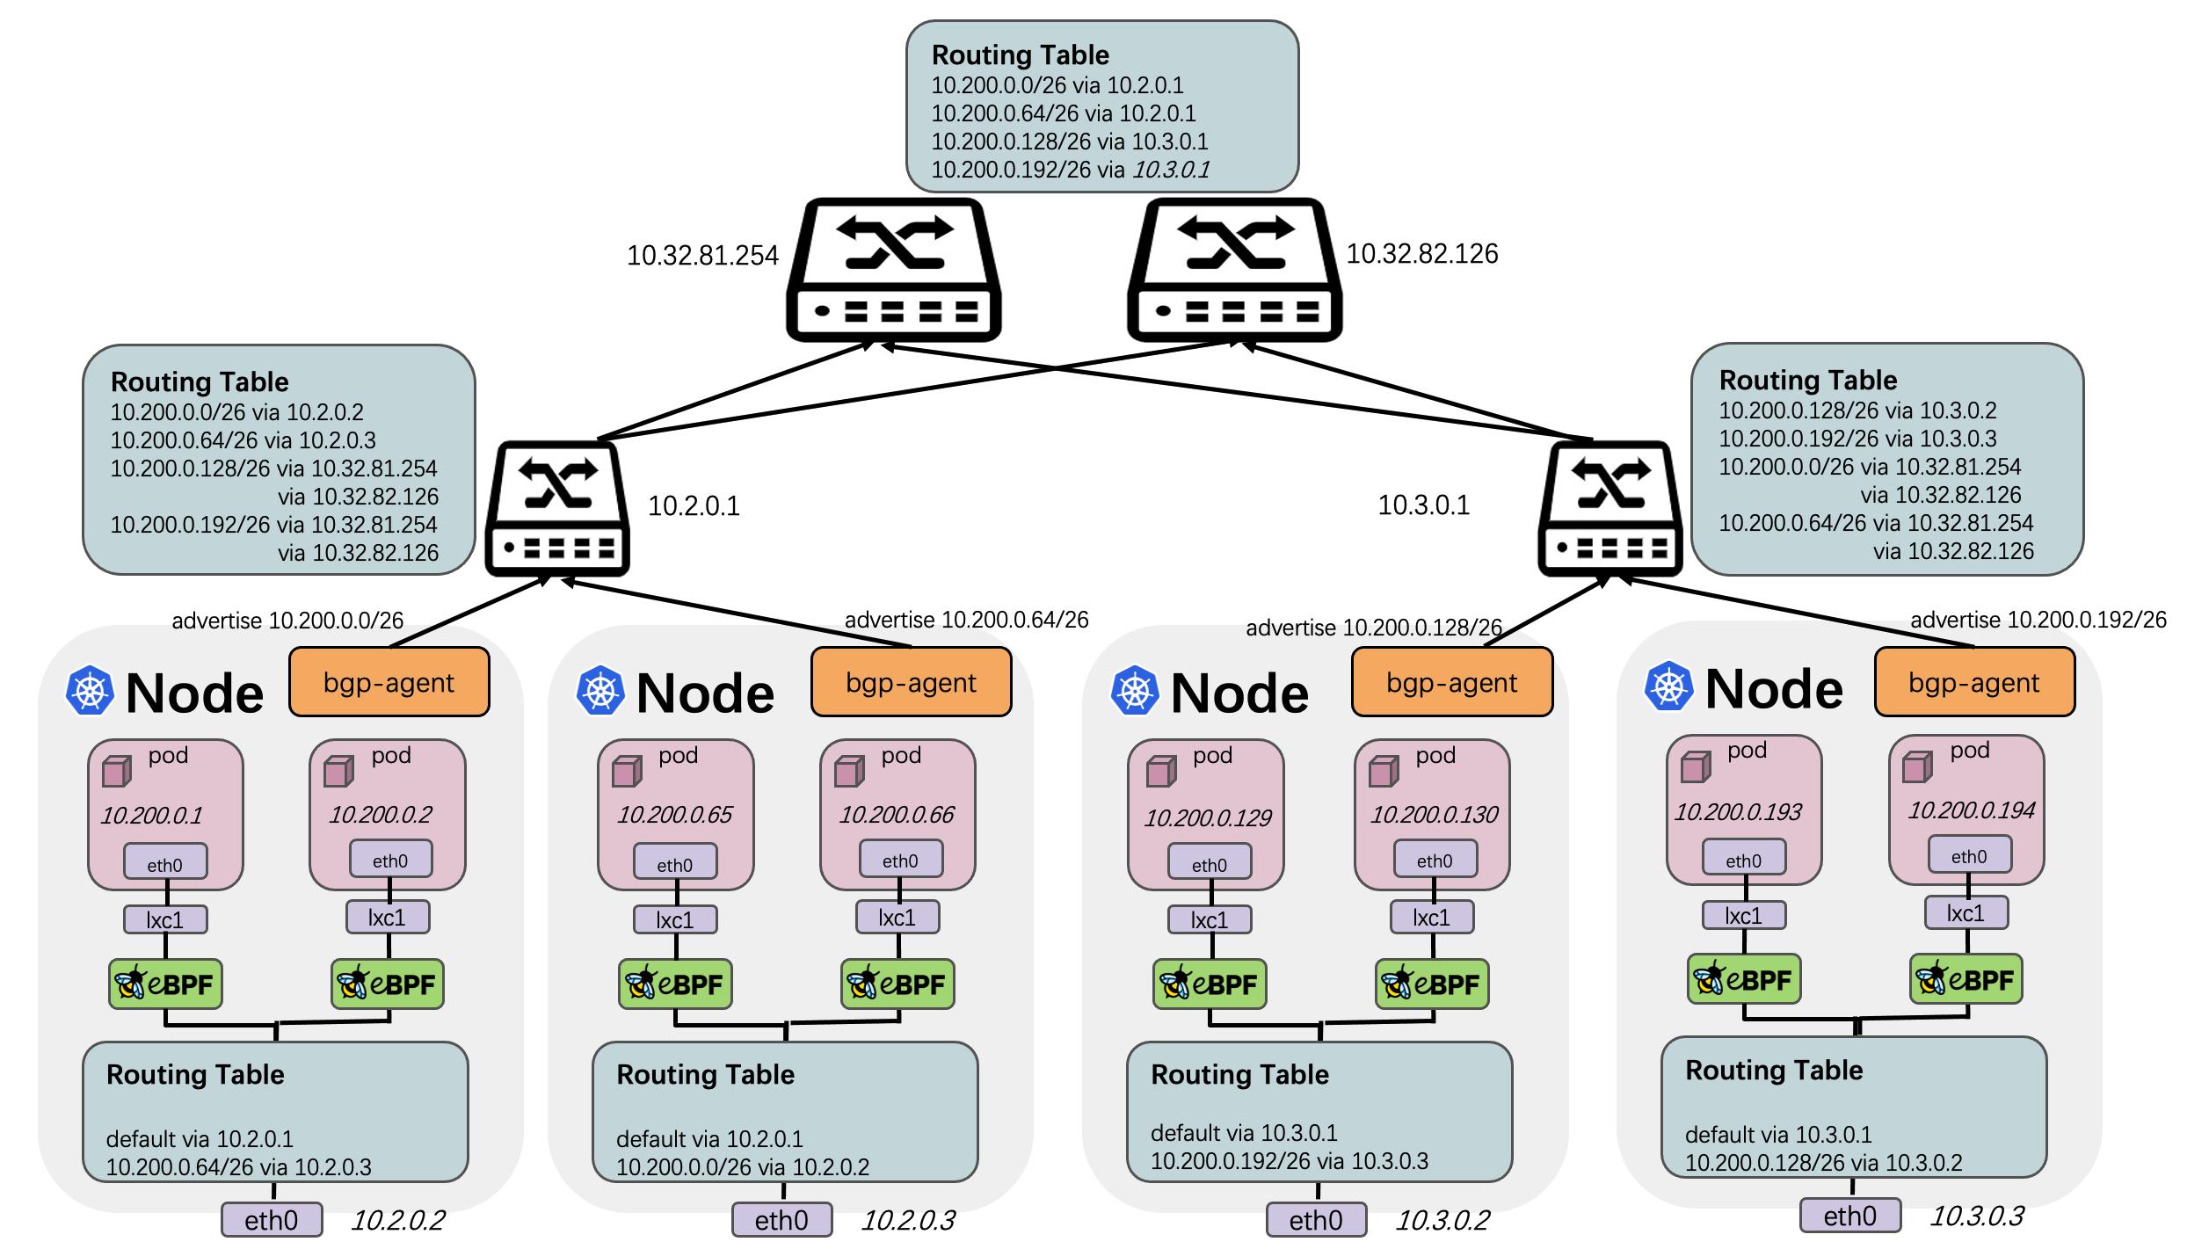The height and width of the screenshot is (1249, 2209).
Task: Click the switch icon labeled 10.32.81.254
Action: [x=893, y=269]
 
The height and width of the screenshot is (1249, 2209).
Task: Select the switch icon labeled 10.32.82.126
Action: [x=1234, y=269]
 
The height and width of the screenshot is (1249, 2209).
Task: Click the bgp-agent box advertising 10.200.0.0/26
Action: [x=389, y=682]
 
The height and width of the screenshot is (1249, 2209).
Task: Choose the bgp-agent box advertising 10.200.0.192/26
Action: [x=1973, y=682]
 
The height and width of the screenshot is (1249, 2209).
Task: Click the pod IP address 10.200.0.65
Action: [x=674, y=815]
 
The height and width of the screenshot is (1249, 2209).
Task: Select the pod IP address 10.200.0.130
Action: [x=1434, y=815]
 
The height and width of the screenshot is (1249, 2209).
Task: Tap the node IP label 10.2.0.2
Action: [x=397, y=1220]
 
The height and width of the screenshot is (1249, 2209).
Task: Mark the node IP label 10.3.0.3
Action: [x=1976, y=1216]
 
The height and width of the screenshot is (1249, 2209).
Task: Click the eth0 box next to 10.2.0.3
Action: [x=781, y=1220]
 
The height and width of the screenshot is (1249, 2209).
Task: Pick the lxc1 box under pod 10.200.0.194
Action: [x=1966, y=913]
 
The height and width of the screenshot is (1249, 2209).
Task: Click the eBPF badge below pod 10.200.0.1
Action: [x=165, y=984]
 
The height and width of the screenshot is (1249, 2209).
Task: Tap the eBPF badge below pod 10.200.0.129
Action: [x=1210, y=984]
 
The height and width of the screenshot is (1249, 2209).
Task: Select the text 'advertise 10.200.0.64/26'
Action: [x=966, y=620]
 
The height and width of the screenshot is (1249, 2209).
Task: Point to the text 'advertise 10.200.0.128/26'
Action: [x=1373, y=628]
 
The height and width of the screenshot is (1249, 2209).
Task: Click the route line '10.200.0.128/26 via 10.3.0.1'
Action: [x=1069, y=142]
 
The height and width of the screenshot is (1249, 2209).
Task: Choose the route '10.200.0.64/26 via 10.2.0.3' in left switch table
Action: [x=237, y=440]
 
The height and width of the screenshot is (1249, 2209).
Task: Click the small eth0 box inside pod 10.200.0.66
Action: [x=900, y=861]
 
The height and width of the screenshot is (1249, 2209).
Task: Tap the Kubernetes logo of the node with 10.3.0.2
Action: [x=1135, y=690]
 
